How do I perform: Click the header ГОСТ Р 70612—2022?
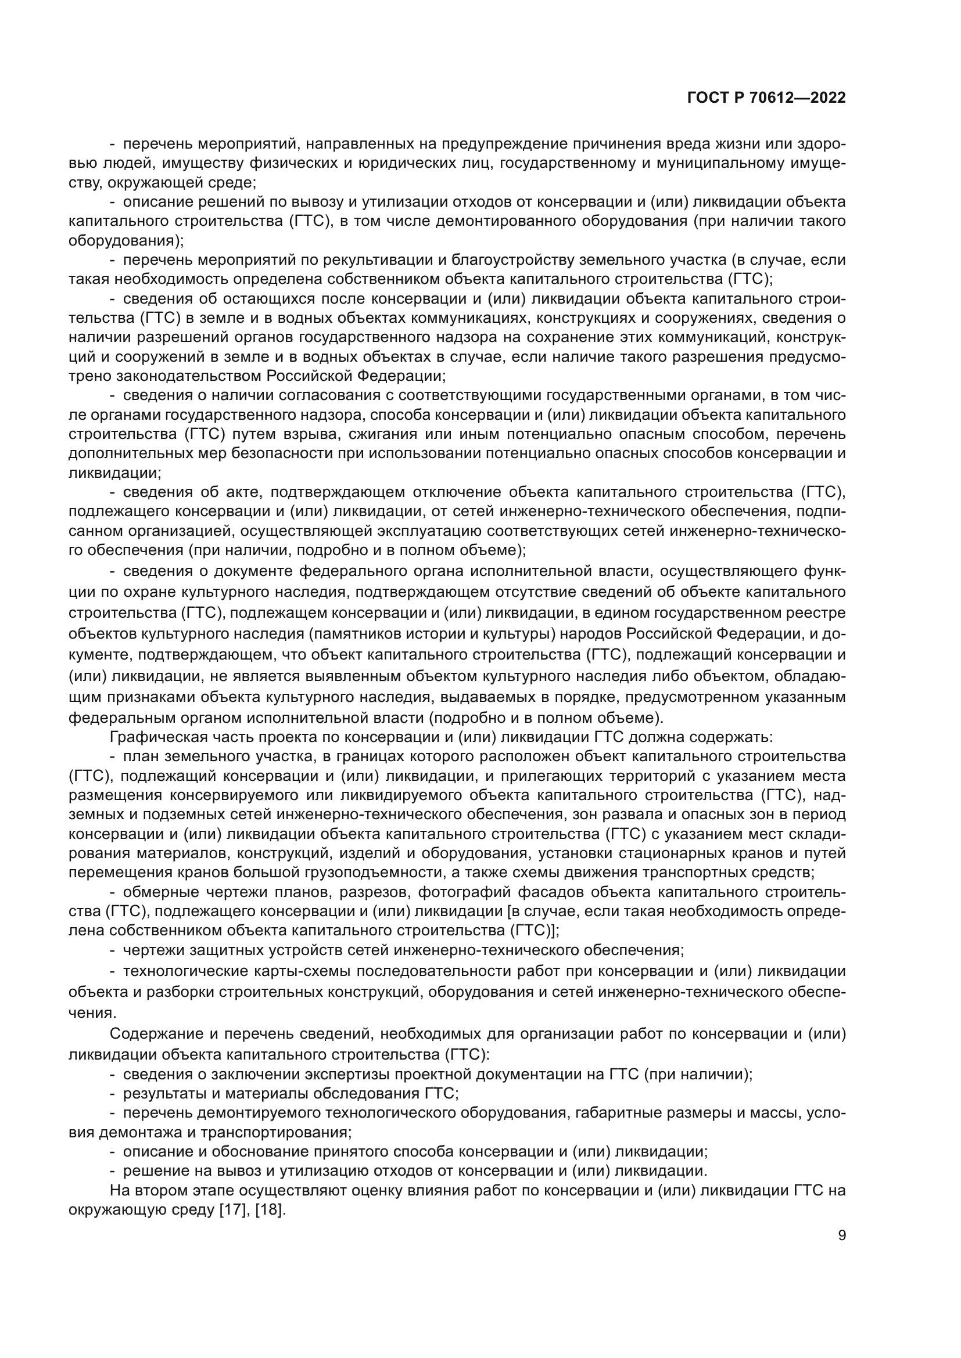click(766, 98)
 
